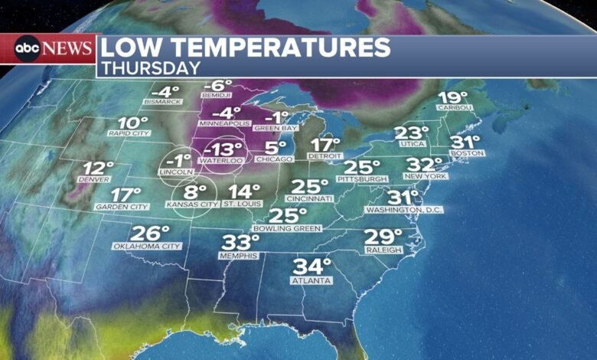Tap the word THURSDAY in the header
pyautogui.click(x=152, y=67)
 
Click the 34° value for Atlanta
pyautogui.click(x=312, y=267)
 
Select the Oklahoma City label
pyautogui.click(x=147, y=247)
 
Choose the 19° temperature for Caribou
pyautogui.click(x=452, y=97)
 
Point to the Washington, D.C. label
pyautogui.click(x=405, y=209)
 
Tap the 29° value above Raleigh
pyautogui.click(x=383, y=236)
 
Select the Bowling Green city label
pyautogui.click(x=287, y=229)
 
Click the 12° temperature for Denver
pyautogui.click(x=98, y=168)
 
